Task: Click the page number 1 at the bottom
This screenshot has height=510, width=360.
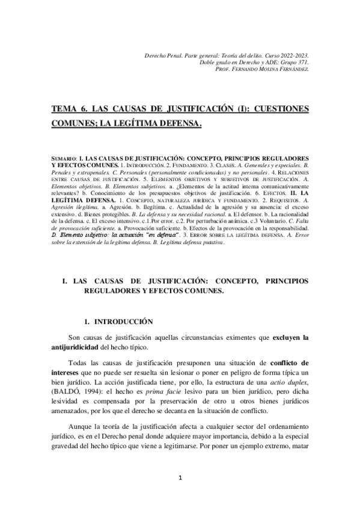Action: pos(180,478)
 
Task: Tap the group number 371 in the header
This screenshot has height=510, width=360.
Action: pos(302,62)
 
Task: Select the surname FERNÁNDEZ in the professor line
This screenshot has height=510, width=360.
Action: pos(293,69)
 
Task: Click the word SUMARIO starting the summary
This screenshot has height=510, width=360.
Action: pos(64,158)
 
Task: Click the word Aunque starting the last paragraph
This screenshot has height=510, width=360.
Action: pos(81,426)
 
